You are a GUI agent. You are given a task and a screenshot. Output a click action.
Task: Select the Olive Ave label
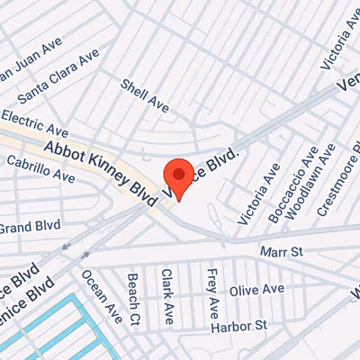coord(256,291)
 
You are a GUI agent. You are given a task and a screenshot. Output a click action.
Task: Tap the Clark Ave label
coord(167,296)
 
